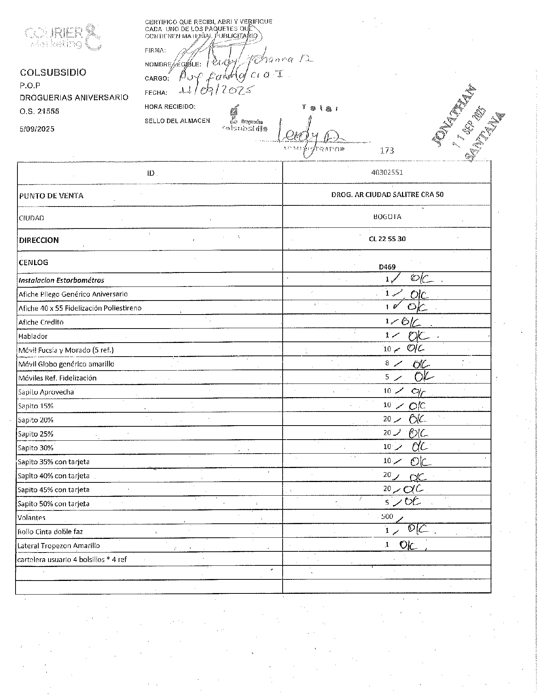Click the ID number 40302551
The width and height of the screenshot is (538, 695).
(x=387, y=172)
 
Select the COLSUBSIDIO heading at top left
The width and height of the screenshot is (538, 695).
(x=53, y=72)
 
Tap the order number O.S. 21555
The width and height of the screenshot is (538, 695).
(x=39, y=111)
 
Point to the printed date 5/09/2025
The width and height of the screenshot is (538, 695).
(x=37, y=129)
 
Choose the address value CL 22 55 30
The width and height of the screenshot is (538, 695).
(x=387, y=239)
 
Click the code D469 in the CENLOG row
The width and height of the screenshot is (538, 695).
(x=387, y=267)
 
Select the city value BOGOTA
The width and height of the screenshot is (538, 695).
(x=387, y=217)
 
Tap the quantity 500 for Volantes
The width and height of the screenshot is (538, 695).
(x=387, y=517)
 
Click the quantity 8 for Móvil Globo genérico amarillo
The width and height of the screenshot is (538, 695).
(x=387, y=363)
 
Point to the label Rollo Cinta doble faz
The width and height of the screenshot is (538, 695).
(x=50, y=531)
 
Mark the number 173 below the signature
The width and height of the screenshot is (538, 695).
(x=387, y=151)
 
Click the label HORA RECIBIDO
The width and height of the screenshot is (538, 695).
(x=170, y=107)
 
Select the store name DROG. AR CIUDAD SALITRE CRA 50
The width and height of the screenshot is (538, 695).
(x=387, y=194)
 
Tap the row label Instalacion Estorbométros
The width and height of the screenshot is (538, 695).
(x=61, y=280)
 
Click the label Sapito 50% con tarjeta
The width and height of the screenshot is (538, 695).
(x=53, y=504)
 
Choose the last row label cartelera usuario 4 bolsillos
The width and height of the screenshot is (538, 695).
(x=72, y=559)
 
